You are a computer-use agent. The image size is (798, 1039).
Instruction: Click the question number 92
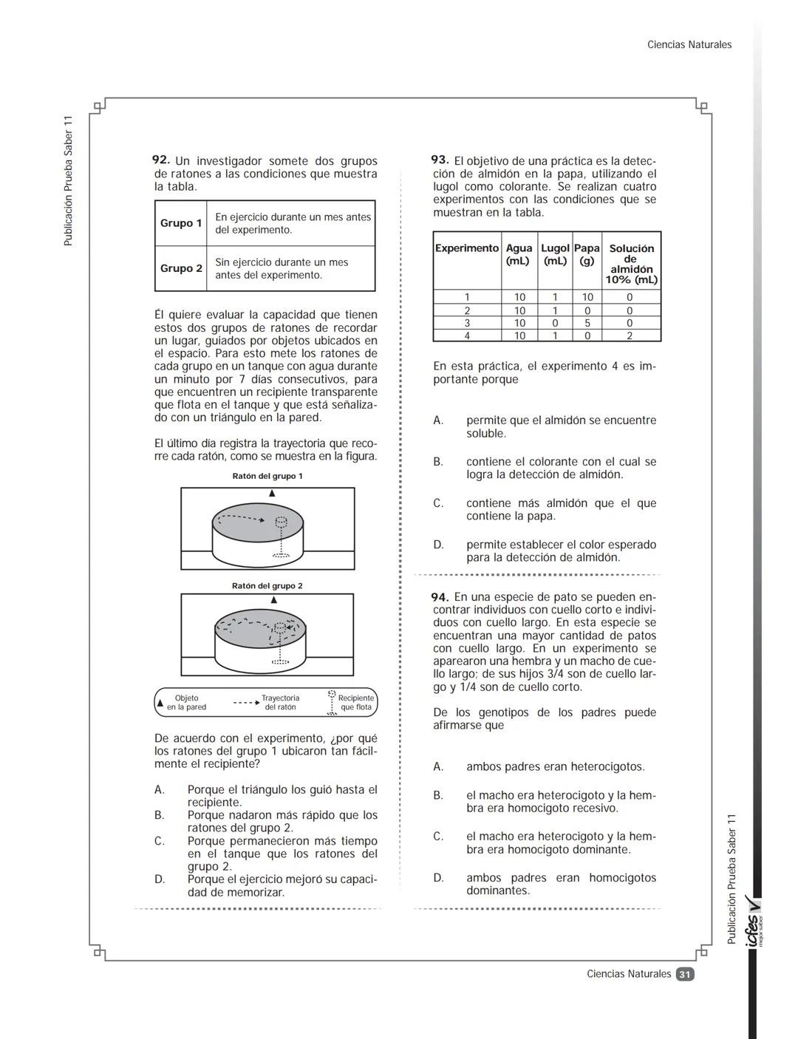[x=161, y=160]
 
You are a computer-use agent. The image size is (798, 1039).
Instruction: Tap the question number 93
[x=440, y=160]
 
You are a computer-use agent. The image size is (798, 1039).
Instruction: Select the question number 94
[x=440, y=596]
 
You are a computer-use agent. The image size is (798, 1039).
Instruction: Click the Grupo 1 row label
[x=181, y=223]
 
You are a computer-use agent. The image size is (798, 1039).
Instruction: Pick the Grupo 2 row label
[x=181, y=268]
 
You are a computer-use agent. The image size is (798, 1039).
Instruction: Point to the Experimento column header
[x=467, y=248]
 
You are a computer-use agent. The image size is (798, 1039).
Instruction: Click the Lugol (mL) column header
[x=555, y=254]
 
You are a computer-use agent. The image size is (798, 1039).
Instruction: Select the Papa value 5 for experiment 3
[x=587, y=323]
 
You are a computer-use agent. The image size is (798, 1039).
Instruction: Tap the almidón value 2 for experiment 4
[x=630, y=335]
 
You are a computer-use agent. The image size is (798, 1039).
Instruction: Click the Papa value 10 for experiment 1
[x=587, y=297]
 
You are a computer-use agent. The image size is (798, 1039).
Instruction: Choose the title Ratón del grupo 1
[x=267, y=476]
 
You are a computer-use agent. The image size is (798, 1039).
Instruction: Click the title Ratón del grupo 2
[x=267, y=586]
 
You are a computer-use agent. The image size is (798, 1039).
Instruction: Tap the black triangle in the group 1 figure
[x=272, y=493]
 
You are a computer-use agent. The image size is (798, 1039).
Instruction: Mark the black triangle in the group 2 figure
[x=273, y=600]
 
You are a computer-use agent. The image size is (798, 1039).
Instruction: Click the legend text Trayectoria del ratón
[x=280, y=703]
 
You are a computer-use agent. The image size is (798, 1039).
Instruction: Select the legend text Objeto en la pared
[x=186, y=703]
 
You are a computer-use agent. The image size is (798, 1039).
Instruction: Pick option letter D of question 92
[x=159, y=879]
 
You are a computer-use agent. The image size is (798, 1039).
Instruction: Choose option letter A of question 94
[x=438, y=767]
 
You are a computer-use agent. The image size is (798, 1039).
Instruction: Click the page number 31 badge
[x=685, y=974]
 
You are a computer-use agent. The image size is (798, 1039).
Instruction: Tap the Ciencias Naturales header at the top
[x=689, y=45]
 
